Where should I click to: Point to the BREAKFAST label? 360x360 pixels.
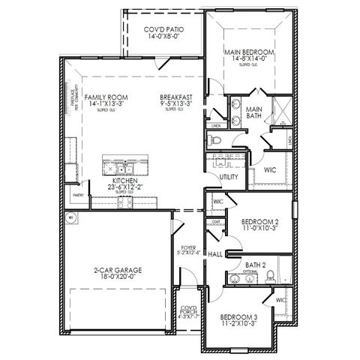coord(177,97)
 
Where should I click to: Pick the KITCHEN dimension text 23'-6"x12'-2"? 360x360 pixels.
coord(123,187)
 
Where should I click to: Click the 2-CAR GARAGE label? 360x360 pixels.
coord(118,268)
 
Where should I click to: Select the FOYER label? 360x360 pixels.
coord(188,247)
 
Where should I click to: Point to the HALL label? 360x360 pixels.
coord(214,255)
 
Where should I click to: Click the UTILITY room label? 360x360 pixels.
coord(229,177)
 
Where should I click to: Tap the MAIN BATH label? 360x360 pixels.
coord(254,112)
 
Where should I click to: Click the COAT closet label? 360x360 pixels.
coord(216,221)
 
